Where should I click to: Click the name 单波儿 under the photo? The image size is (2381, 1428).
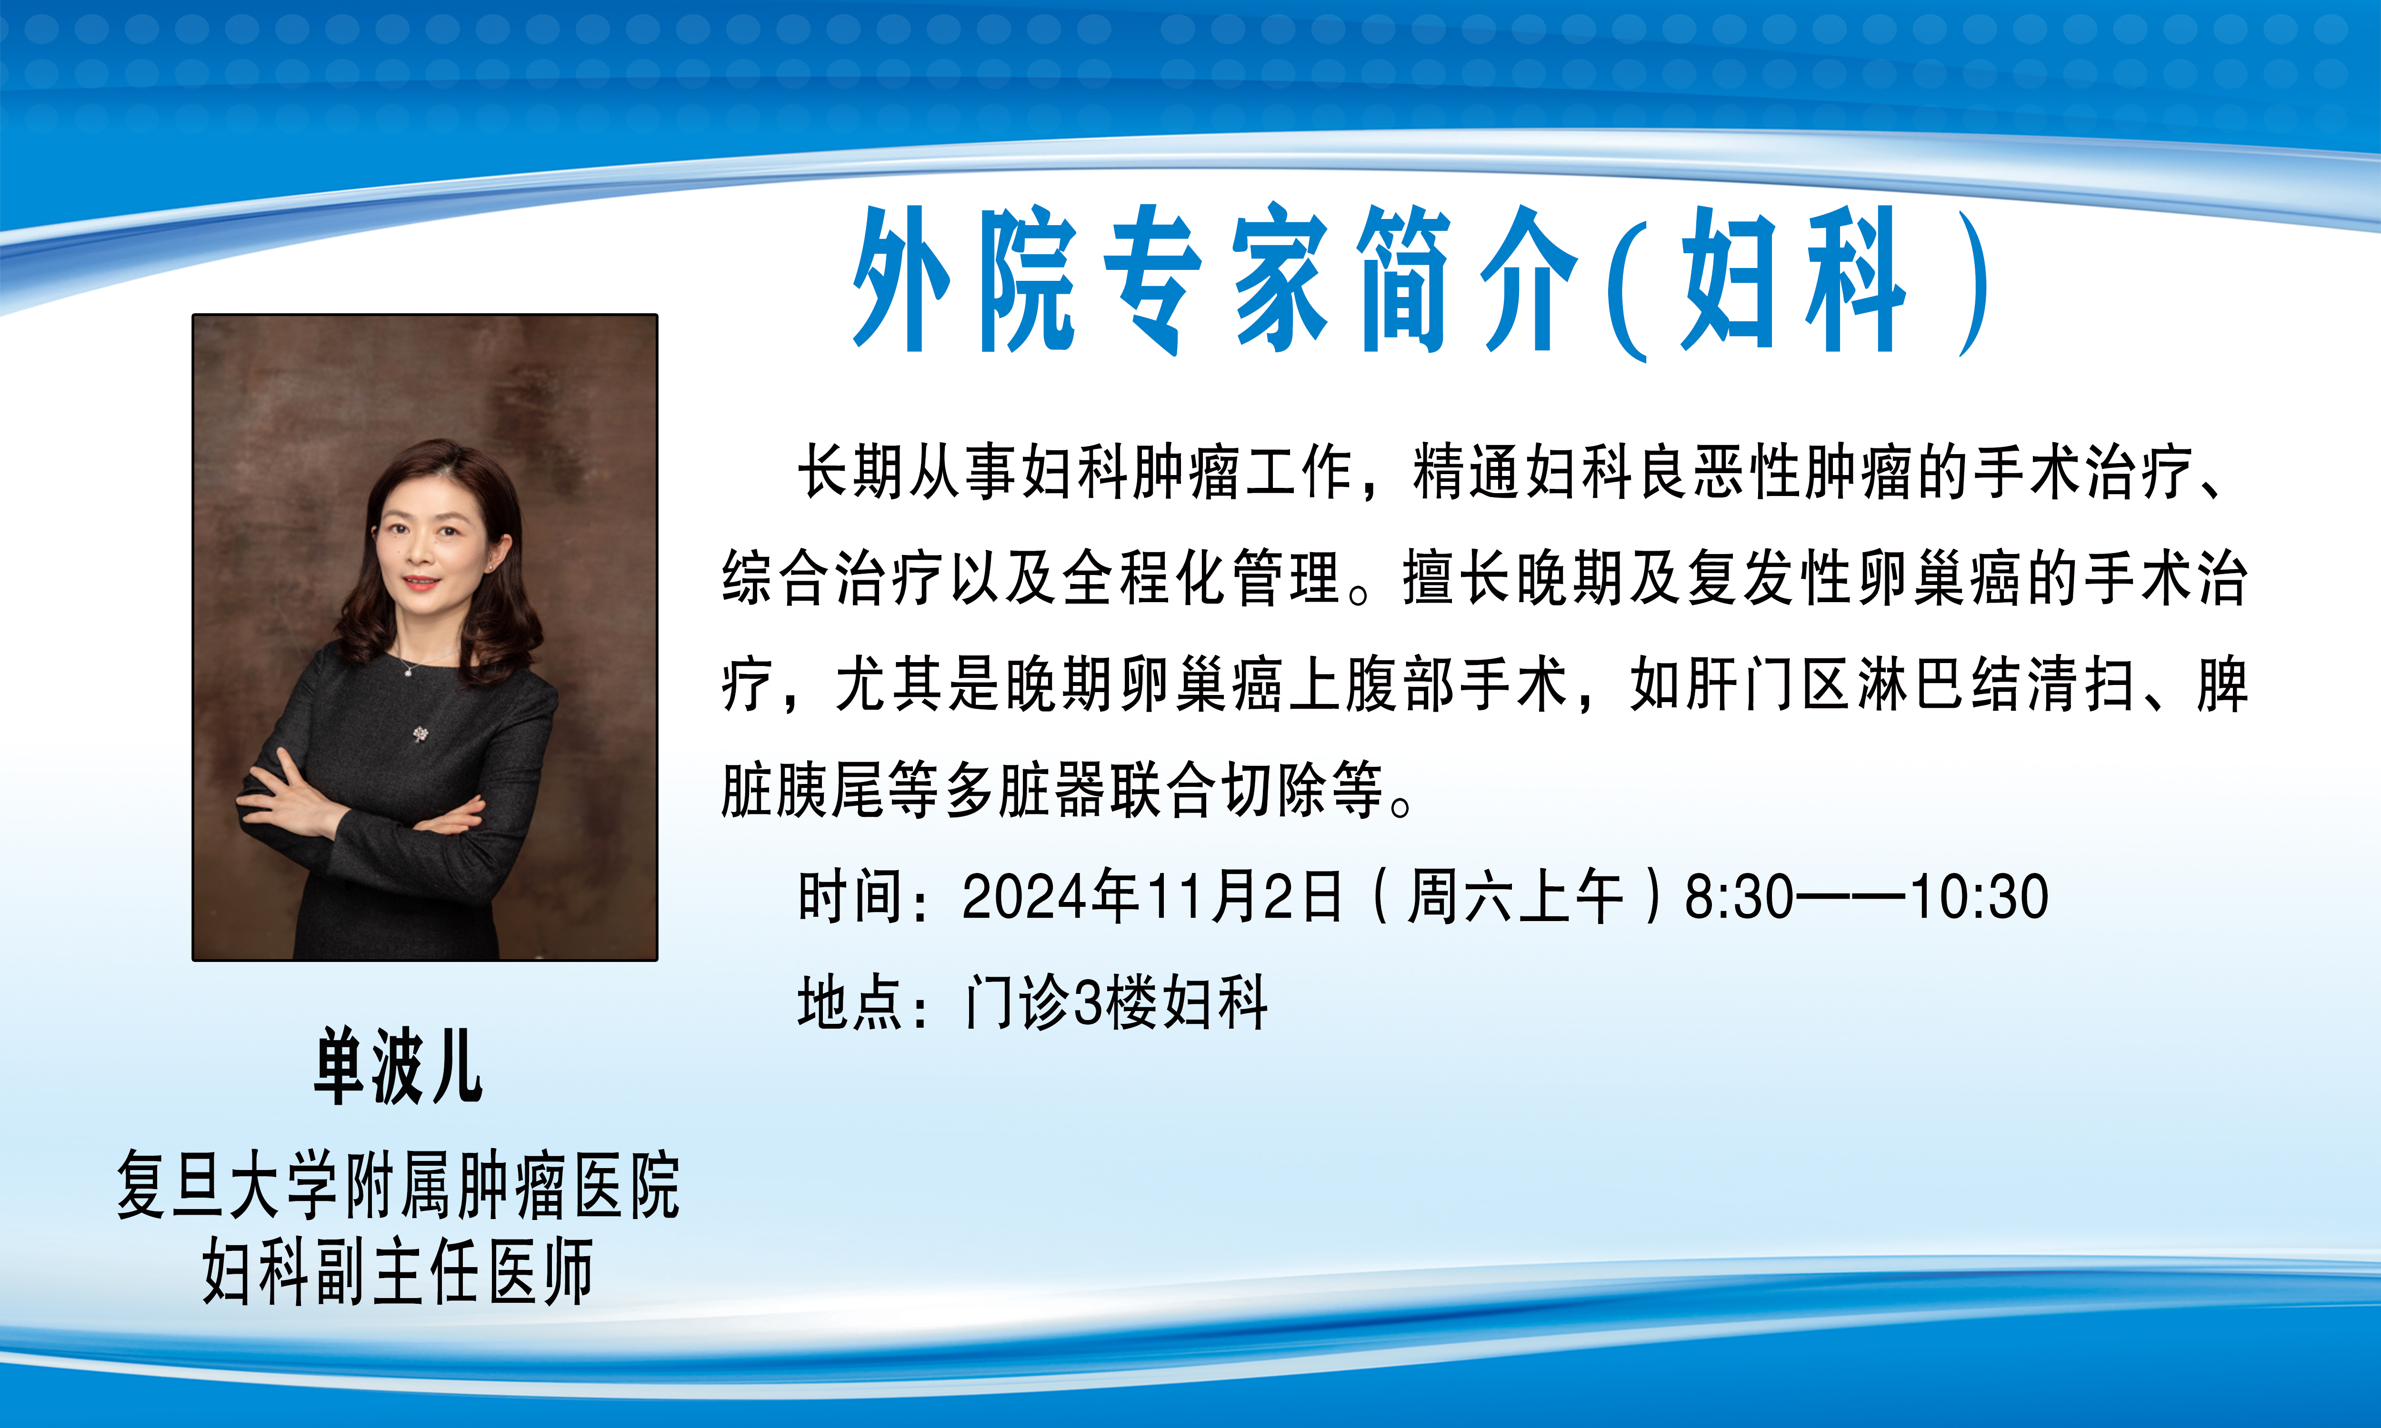pyautogui.click(x=398, y=1065)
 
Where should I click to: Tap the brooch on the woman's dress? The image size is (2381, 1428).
pyautogui.click(x=420, y=734)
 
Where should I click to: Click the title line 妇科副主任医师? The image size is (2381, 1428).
pyautogui.click(x=398, y=1272)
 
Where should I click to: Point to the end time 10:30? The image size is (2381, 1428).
pyautogui.click(x=1980, y=897)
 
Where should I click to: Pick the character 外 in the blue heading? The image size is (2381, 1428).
pyautogui.click(x=903, y=279)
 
